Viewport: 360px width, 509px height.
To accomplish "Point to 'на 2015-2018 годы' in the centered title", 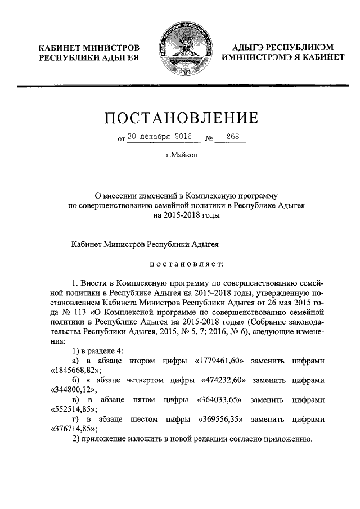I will point(180,216).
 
